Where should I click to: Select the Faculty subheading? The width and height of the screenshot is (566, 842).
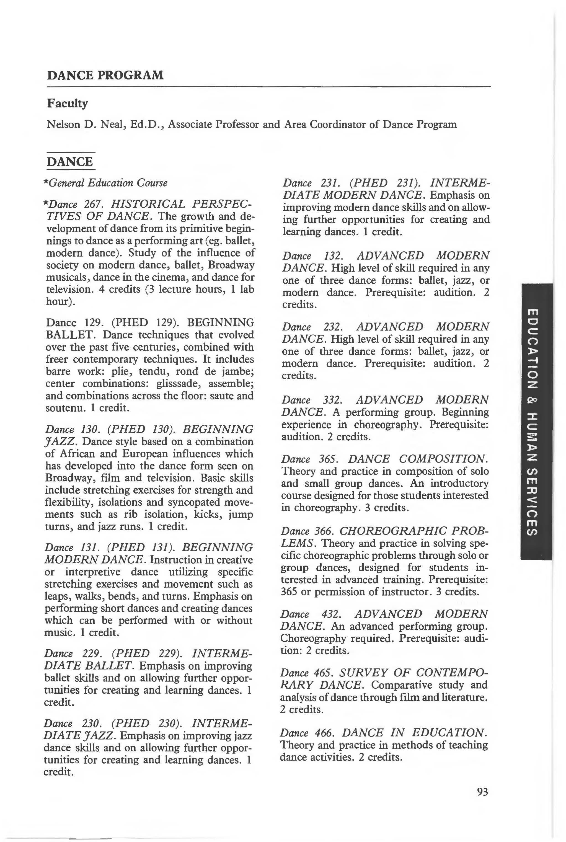point(67,104)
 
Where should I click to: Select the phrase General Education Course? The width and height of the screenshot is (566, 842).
point(108,183)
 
